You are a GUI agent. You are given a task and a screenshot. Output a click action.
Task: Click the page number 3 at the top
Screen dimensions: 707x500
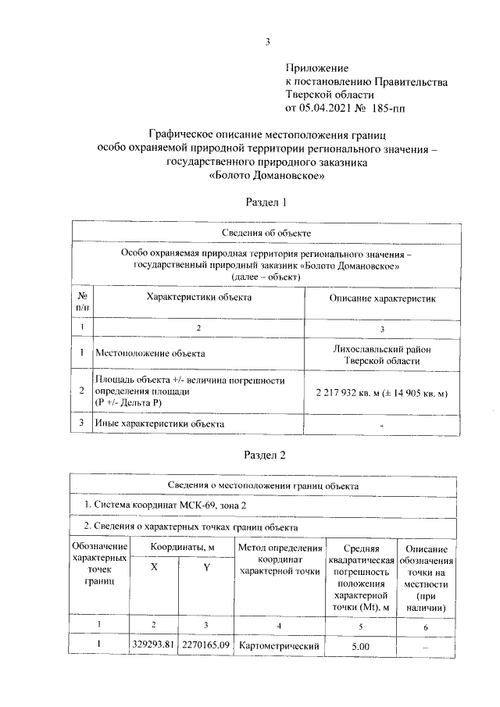267,42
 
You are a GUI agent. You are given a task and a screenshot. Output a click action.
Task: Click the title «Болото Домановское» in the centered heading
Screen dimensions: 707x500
267,176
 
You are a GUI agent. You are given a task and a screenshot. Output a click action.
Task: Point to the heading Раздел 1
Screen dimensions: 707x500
267,202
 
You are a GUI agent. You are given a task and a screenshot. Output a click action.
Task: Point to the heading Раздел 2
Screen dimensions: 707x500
267,457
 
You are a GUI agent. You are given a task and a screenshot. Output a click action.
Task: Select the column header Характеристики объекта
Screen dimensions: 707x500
199,298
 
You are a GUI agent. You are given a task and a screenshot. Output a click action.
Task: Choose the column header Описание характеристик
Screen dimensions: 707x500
381,298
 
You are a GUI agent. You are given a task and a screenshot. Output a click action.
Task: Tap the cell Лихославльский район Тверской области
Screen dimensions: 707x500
381,354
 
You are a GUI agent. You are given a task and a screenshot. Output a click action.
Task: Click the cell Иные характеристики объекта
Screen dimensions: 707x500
159,423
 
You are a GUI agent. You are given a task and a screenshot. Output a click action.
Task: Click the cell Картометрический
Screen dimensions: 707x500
279,647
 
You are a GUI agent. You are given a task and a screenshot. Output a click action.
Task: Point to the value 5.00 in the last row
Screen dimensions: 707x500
359,647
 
